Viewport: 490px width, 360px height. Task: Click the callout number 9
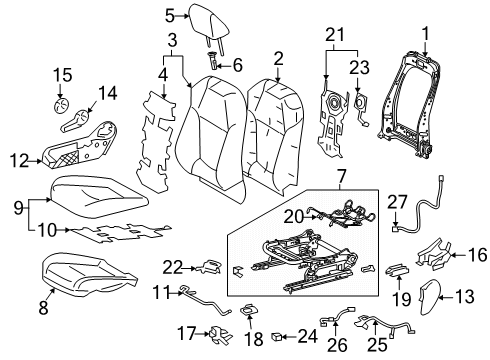pos(18,207)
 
